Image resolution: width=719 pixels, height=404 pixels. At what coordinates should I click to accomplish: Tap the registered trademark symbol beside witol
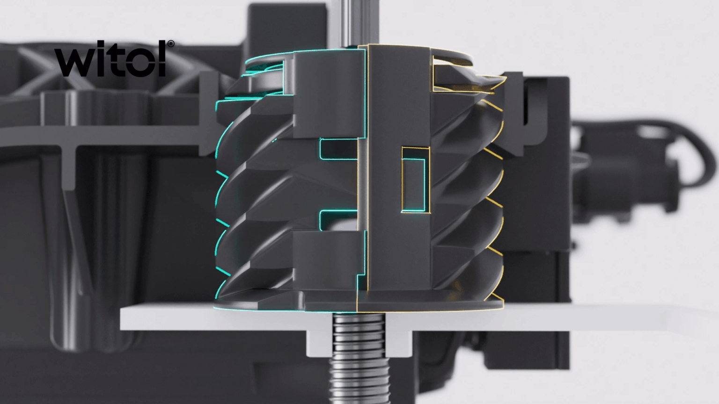click(170, 44)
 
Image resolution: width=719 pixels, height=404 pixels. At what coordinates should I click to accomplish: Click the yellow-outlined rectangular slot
click(416, 180)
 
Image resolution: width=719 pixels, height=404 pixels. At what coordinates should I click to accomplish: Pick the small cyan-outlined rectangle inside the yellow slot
click(414, 184)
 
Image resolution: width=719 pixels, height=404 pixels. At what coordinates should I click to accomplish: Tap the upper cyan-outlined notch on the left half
click(338, 149)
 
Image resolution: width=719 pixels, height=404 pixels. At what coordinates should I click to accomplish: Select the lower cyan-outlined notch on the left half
click(338, 220)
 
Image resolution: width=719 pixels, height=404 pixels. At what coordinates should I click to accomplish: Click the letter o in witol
click(139, 64)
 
